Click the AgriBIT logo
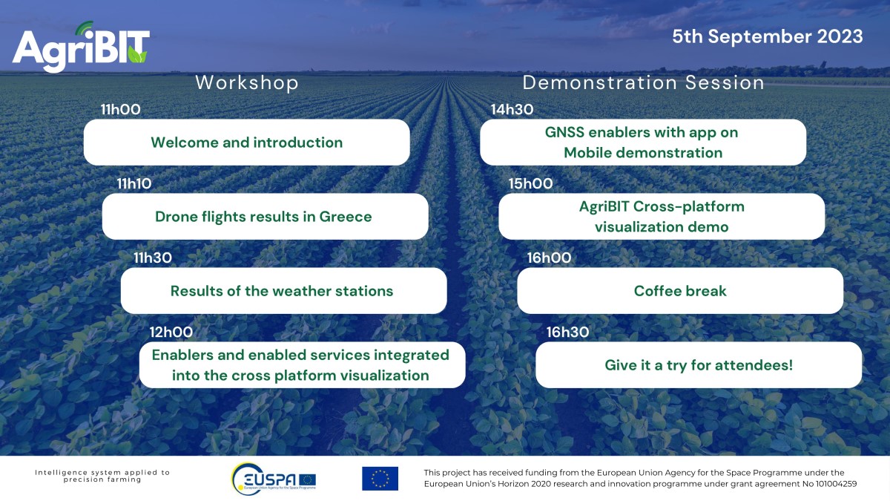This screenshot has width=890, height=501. (81, 47)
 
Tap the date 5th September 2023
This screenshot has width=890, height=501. (767, 36)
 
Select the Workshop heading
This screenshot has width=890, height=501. (247, 82)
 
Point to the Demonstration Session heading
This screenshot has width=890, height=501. (643, 82)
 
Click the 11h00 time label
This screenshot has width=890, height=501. (120, 109)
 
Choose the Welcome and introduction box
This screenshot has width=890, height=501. (247, 143)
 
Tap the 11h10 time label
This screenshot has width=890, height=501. (134, 184)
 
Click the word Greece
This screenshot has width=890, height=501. (346, 217)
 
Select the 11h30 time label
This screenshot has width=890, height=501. (153, 258)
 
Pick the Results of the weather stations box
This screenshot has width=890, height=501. (283, 291)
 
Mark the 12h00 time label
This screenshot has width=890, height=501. (171, 332)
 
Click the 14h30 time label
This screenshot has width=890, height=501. (512, 109)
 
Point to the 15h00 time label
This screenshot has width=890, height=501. (530, 184)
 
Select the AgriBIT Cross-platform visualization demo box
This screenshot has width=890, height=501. (662, 216)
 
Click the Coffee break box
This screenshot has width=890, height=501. (680, 291)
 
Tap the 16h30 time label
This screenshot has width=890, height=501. (567, 332)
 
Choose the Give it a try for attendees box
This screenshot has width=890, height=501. (699, 365)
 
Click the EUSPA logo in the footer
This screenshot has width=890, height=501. (274, 479)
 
